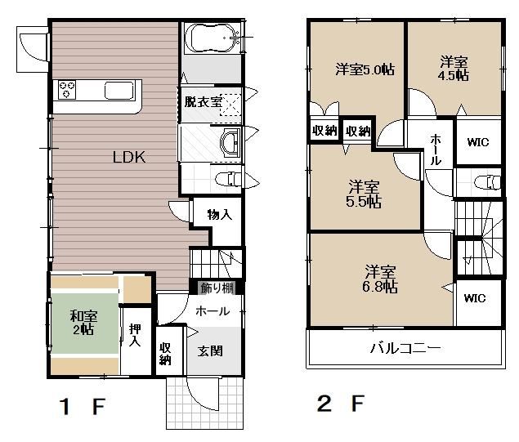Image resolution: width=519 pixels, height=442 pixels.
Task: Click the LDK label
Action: (x=129, y=157)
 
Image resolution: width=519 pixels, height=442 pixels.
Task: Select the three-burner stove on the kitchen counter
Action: (x=67, y=89)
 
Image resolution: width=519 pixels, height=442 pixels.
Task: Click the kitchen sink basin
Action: (x=119, y=91)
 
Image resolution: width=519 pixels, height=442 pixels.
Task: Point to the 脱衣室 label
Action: (x=203, y=101)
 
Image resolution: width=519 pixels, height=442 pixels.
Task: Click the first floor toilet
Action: (x=228, y=180)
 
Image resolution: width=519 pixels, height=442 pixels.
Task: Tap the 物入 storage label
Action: (x=219, y=215)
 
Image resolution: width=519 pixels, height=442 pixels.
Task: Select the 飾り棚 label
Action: (x=217, y=288)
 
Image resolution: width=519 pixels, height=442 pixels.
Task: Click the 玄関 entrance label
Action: (x=210, y=351)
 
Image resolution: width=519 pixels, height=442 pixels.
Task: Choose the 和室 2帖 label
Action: (x=83, y=323)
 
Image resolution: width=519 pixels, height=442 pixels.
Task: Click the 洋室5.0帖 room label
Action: (x=365, y=69)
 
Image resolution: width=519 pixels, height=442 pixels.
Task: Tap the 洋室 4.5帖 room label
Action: (x=454, y=69)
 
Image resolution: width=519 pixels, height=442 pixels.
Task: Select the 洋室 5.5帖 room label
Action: (x=364, y=194)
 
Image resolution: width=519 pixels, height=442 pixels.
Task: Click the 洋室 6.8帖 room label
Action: (x=380, y=279)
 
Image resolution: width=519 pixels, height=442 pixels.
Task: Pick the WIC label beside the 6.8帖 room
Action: (x=475, y=298)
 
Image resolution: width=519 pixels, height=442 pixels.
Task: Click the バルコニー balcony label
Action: (x=405, y=348)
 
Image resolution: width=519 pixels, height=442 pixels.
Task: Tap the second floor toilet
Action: (x=487, y=182)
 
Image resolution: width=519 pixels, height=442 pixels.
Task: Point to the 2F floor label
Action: (x=341, y=404)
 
